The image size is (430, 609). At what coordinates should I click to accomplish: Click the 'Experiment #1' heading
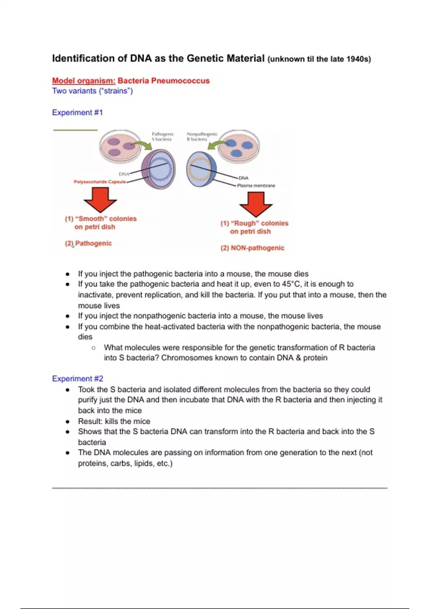[x=77, y=112]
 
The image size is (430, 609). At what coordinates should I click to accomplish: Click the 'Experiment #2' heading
[x=77, y=379]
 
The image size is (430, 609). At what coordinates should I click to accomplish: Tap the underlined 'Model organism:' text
[x=84, y=81]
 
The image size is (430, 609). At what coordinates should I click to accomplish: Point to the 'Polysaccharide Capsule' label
[x=100, y=182]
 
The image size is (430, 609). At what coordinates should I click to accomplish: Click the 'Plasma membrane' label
[x=256, y=186]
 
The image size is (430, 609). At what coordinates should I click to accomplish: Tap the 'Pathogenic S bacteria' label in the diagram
[x=163, y=136]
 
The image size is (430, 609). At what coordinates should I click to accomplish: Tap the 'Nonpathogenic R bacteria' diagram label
[x=202, y=136]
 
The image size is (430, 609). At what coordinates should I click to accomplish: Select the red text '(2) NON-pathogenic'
[x=252, y=248]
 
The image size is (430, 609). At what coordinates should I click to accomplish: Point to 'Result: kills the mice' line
[x=114, y=421]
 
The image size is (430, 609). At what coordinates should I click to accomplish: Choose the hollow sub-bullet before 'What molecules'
[x=94, y=347]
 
